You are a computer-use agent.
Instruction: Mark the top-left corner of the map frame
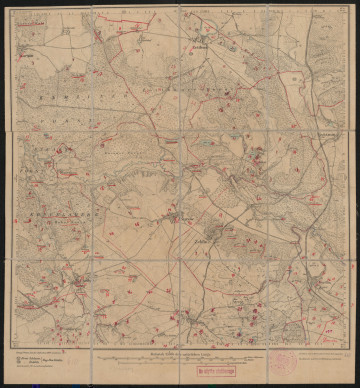coord(14,9)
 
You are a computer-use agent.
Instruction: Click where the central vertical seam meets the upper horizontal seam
coord(180,130)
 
